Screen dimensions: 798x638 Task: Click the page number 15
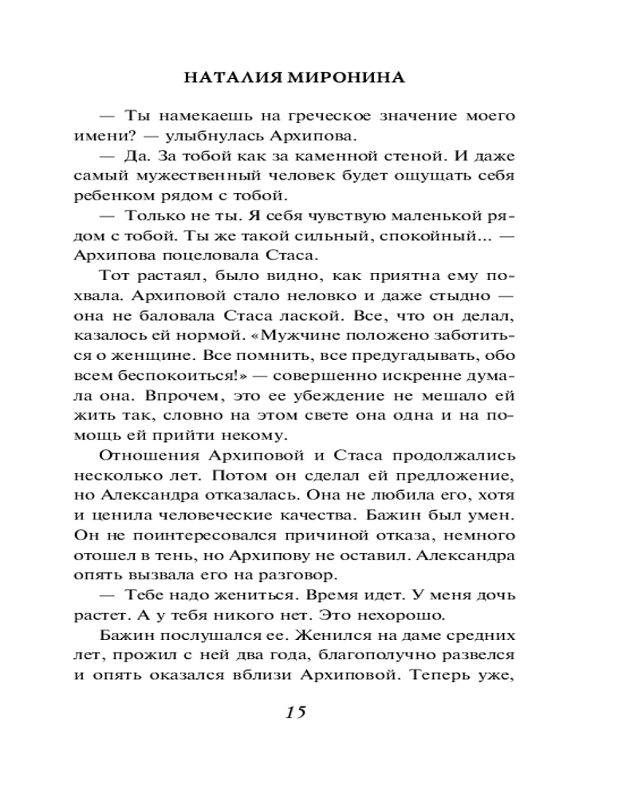coord(294,713)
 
